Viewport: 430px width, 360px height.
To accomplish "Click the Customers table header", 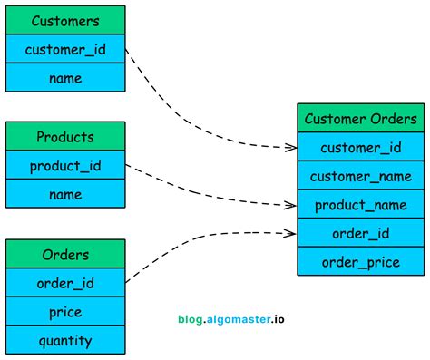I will pos(65,20).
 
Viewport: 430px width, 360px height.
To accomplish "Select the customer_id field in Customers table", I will pos(65,49).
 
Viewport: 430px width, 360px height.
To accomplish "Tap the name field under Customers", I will pos(65,78).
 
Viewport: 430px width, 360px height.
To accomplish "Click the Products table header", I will pos(65,137).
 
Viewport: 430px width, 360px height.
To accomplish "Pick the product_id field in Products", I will pos(65,166).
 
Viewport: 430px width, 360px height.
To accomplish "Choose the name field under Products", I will pos(65,194).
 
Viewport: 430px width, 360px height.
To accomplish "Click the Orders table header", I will pos(65,254).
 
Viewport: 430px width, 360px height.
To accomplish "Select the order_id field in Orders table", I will pos(65,283).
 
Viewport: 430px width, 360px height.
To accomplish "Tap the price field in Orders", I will pos(65,312).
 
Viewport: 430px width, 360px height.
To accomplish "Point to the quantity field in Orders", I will pos(65,341).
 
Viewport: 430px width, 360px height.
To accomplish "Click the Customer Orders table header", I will pos(361,118).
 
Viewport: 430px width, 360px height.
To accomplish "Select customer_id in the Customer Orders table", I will pos(361,147).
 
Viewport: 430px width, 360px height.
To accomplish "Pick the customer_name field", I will pos(361,176).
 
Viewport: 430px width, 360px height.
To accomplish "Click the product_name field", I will pos(361,205).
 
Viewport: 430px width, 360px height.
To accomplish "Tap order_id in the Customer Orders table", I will pos(361,234).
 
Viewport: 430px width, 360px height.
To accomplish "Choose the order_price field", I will pos(361,263).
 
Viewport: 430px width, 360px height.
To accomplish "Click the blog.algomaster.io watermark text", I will pos(233,319).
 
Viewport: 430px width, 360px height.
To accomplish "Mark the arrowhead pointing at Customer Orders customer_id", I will pos(291,146).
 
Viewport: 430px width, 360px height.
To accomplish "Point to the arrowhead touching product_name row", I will pos(291,205).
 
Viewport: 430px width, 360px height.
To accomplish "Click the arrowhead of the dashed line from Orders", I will pos(291,233).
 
